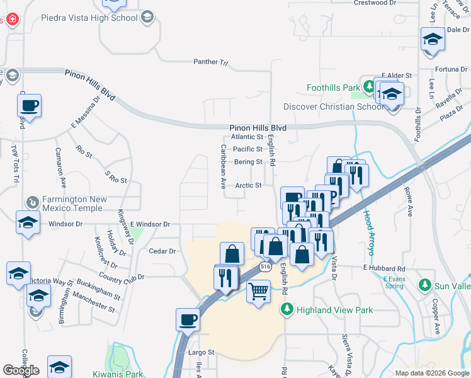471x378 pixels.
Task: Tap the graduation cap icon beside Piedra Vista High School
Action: (147, 16)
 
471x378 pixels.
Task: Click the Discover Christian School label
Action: (334, 106)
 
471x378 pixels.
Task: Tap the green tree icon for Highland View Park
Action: (287, 309)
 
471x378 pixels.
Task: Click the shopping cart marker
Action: (258, 292)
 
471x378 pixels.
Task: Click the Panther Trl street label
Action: (210, 62)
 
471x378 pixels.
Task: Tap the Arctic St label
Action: (248, 185)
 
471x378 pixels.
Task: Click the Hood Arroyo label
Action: (368, 231)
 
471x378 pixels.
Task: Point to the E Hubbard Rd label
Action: (384, 268)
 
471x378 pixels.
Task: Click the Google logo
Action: (21, 370)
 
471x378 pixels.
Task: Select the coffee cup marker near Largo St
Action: (188, 320)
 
